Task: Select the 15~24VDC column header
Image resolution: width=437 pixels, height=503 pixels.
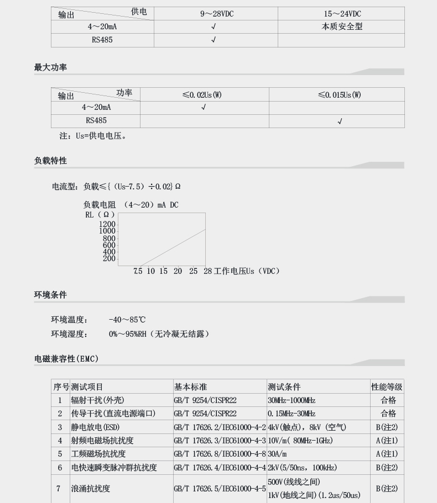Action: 342,13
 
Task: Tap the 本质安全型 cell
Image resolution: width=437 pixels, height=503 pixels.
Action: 342,27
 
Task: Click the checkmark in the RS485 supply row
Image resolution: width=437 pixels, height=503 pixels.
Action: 214,40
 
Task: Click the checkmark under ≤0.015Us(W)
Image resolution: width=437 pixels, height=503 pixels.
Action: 340,121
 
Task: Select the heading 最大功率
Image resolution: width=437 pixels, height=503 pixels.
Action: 50,67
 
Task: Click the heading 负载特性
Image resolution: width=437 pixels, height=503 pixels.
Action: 50,161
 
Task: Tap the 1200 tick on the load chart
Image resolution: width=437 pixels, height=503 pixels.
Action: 107,224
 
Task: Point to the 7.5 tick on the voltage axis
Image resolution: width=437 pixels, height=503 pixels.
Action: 138,271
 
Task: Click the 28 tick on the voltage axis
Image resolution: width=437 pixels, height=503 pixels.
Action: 207,271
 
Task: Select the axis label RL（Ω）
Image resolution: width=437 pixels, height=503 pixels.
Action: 100,215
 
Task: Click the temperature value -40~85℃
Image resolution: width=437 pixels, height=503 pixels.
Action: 127,320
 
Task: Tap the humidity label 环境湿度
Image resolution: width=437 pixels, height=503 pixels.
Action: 69,334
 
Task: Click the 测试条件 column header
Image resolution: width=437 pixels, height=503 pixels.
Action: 284,387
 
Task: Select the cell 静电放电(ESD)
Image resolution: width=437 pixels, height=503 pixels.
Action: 95,427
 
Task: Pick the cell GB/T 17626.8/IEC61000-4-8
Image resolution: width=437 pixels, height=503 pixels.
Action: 220,454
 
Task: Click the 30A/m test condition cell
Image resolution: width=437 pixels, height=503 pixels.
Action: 277,454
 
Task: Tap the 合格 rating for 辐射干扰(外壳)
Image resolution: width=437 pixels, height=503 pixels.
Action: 388,400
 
